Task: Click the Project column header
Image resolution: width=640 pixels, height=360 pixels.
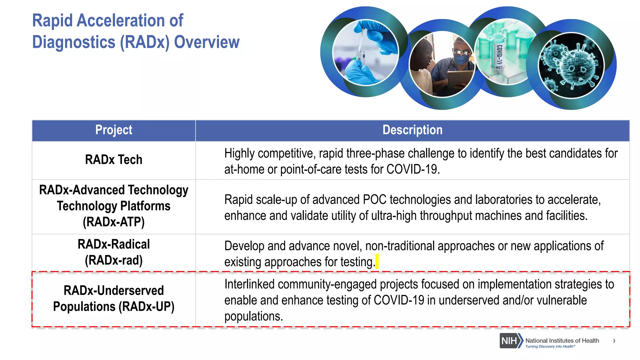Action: pyautogui.click(x=114, y=130)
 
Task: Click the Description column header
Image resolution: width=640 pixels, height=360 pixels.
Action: pyautogui.click(x=412, y=130)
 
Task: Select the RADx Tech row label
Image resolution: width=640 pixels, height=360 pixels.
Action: pyautogui.click(x=114, y=160)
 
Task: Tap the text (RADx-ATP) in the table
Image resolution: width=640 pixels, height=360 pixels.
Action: pyautogui.click(x=114, y=222)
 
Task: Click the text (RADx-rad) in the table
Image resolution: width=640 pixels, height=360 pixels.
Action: pyautogui.click(x=114, y=260)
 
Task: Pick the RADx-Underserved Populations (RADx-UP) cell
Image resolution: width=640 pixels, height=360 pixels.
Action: pyautogui.click(x=114, y=298)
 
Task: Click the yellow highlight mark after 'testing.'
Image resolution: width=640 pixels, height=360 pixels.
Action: pyautogui.click(x=377, y=262)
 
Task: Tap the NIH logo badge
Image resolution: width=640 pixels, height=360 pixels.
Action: pyautogui.click(x=510, y=341)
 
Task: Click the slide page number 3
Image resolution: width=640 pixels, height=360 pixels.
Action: pyautogui.click(x=614, y=341)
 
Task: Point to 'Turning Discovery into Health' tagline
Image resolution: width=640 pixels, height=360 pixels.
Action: pyautogui.click(x=549, y=347)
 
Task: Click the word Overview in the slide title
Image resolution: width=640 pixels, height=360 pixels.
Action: pyautogui.click(x=207, y=42)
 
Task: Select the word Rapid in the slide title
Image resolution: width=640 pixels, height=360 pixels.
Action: pyautogui.click(x=52, y=21)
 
